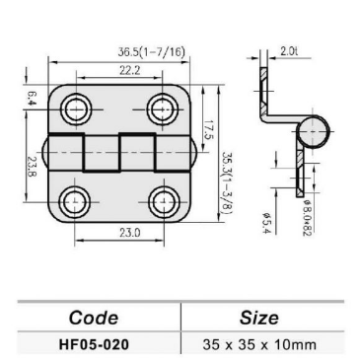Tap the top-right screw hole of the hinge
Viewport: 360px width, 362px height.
point(160,107)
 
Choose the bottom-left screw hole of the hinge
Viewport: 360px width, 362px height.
point(73,201)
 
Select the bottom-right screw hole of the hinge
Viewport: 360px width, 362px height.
point(162,201)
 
